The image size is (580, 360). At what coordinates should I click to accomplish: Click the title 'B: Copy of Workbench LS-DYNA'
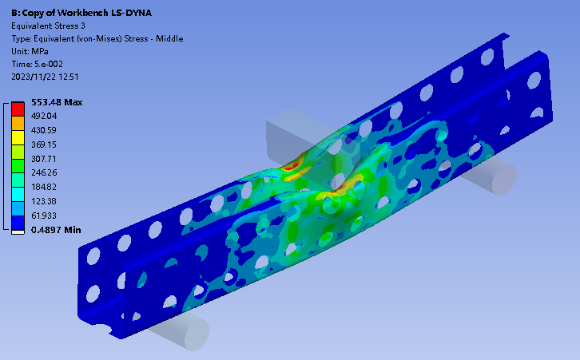click(x=81, y=13)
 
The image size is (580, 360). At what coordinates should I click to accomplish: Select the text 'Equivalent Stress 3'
click(x=48, y=26)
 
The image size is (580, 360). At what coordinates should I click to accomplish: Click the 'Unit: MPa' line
click(x=30, y=51)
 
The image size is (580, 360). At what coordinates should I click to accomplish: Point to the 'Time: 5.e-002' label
click(x=37, y=64)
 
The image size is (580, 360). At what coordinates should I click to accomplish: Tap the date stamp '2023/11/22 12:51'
click(x=45, y=77)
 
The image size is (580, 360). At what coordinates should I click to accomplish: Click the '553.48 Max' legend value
click(x=57, y=102)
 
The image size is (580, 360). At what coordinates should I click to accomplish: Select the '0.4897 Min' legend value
click(x=56, y=230)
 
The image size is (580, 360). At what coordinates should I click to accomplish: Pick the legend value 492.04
click(x=44, y=116)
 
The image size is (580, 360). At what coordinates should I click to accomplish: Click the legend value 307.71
click(x=44, y=159)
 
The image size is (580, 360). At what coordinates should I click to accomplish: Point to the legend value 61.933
click(x=44, y=216)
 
